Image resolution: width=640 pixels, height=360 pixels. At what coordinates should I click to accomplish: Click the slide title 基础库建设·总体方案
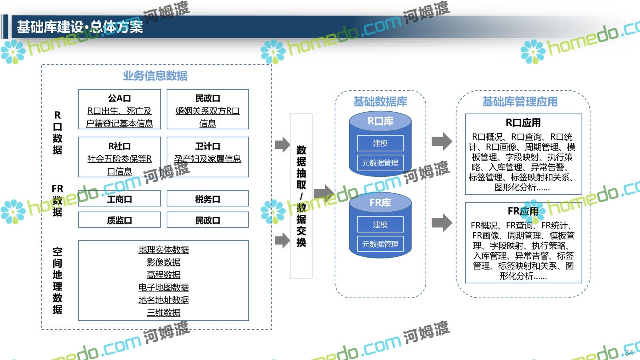point(80,27)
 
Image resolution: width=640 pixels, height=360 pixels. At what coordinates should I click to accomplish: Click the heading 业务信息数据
point(155,76)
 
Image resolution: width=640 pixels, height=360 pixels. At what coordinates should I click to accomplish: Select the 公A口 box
point(119,109)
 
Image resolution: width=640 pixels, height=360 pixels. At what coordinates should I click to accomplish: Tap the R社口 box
point(119,157)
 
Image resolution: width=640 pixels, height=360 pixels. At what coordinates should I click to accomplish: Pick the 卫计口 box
point(208,157)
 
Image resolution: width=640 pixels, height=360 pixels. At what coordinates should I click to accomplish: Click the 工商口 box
point(119,199)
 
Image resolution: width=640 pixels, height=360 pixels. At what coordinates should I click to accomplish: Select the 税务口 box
point(208,199)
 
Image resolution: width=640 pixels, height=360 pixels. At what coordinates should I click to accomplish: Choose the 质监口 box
point(119,220)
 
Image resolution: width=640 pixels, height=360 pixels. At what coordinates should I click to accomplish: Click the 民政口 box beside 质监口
point(208,220)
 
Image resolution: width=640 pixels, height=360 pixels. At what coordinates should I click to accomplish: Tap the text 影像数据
point(164,262)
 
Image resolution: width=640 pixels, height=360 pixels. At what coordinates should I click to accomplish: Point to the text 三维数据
point(164,312)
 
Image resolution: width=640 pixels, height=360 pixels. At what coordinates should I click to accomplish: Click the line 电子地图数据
point(164,287)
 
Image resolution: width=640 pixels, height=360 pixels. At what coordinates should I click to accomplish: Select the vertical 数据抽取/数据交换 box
point(301,196)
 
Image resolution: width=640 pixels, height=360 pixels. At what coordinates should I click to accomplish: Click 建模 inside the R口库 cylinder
point(380,143)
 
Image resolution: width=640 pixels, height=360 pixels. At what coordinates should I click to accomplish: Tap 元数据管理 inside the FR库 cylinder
point(380,244)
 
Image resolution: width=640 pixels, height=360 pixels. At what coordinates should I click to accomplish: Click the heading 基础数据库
point(380,102)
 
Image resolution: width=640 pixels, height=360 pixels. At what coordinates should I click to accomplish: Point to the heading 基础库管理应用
point(520,102)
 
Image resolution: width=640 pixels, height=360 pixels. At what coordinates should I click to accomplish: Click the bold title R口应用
point(523,122)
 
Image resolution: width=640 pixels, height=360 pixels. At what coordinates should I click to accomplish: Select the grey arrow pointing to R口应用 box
point(442,141)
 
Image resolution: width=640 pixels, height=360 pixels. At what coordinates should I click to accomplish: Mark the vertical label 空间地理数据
point(57,280)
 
